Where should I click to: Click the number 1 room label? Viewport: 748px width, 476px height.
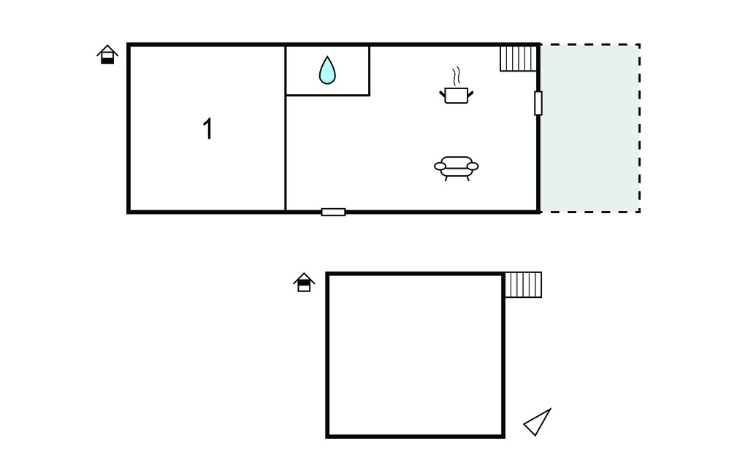tap(208, 128)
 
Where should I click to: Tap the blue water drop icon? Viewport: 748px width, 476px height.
tap(327, 70)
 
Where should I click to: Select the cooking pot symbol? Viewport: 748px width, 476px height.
tap(457, 95)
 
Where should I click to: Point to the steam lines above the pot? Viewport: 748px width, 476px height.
tap(457, 76)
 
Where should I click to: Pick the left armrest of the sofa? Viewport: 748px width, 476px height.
tap(440, 166)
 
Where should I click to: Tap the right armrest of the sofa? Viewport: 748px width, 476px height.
tap(473, 166)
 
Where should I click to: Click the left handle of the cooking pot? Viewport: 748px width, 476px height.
tap(442, 94)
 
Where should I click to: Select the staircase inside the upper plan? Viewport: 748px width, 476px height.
tap(519, 58)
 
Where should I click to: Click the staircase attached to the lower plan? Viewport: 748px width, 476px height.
tap(523, 285)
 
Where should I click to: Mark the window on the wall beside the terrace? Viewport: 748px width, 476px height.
tap(538, 103)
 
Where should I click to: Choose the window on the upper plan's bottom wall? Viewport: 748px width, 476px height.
tap(333, 212)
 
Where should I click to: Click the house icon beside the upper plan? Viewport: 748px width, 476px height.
tap(107, 54)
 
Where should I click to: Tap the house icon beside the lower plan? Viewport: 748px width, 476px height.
tap(304, 283)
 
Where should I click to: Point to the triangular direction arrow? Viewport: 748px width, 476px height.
tap(538, 422)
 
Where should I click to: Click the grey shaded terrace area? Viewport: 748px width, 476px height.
tap(590, 128)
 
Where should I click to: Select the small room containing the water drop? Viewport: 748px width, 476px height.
tap(327, 71)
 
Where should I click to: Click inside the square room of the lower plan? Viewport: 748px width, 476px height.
tap(415, 355)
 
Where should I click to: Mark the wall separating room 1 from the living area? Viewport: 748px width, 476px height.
tap(286, 128)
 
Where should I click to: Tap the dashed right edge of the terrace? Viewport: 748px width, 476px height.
tap(639, 128)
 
